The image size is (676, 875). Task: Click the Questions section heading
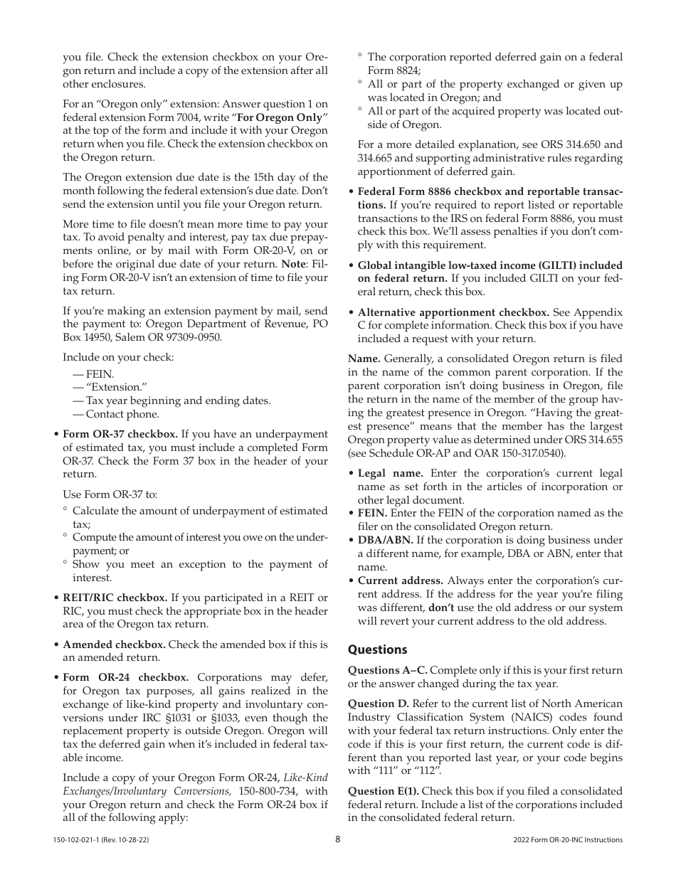click(x=377, y=649)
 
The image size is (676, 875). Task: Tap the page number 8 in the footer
click(x=338, y=839)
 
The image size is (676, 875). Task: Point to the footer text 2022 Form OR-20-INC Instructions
click(x=567, y=840)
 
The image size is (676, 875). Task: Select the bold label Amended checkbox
click(x=114, y=645)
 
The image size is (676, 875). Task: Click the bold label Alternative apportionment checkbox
click(x=453, y=312)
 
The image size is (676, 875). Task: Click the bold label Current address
click(x=400, y=580)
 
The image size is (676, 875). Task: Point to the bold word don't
click(x=440, y=608)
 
